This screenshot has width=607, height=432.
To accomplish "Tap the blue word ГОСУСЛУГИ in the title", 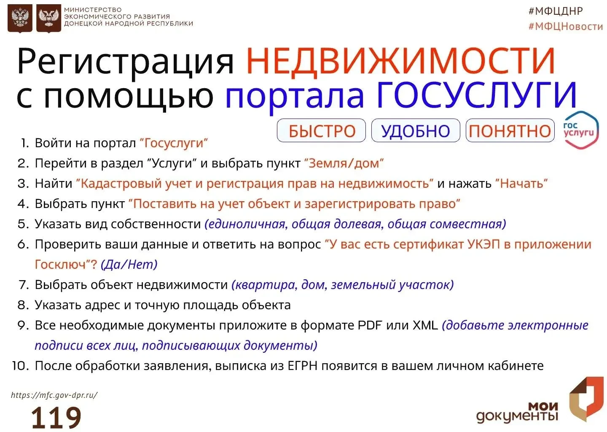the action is click(477, 95).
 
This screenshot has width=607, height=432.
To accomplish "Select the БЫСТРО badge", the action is click(321, 131).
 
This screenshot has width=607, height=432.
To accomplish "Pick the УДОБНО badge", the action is click(416, 131).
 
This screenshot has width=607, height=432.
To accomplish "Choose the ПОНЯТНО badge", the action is click(510, 131).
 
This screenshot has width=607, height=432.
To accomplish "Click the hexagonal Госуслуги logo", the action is click(581, 130).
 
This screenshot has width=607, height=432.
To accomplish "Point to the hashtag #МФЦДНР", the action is click(556, 11).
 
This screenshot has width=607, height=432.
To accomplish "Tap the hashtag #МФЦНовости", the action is click(566, 27).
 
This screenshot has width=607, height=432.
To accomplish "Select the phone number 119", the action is click(56, 417).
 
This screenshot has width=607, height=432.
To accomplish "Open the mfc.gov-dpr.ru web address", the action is click(54, 395).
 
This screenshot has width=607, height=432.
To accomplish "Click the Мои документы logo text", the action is click(517, 412).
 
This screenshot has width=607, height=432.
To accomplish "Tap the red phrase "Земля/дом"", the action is click(344, 163).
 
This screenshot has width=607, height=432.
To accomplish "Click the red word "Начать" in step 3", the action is click(522, 184).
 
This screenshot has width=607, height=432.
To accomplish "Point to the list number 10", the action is click(21, 366).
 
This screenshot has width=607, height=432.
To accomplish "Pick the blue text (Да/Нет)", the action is click(129, 265).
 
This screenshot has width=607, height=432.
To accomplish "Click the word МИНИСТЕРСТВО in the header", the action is click(93, 9).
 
